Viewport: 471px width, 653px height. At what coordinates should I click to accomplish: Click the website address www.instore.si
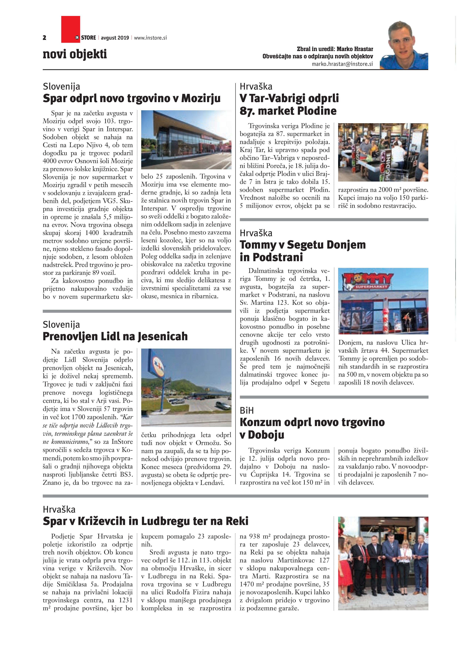150,38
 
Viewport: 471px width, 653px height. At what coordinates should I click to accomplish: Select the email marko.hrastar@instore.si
342,64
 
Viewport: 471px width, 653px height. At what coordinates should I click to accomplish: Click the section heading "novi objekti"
75,54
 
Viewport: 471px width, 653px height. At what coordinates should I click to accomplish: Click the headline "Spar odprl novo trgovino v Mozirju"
132,98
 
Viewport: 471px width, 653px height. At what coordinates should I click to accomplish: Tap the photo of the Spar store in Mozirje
186,140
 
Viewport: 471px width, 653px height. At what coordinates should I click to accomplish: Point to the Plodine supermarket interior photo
383,152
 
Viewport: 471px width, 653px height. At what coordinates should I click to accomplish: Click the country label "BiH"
247,410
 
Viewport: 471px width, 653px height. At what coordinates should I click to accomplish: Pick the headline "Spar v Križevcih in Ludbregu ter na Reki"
145,521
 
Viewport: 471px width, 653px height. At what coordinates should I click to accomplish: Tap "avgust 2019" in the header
115,38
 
